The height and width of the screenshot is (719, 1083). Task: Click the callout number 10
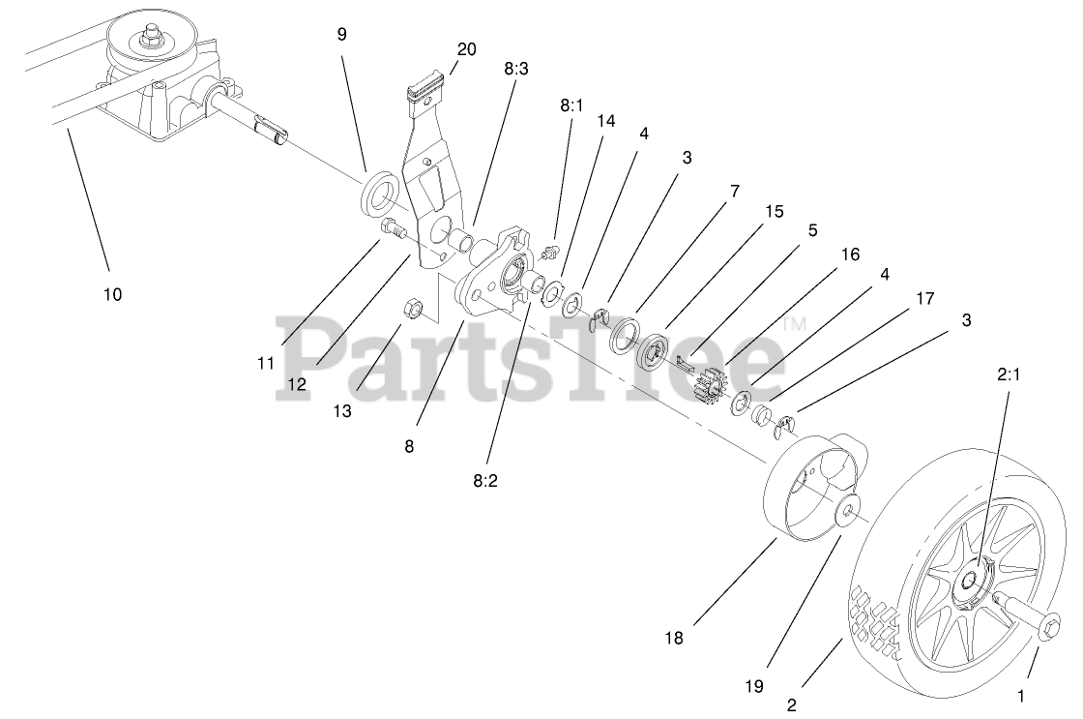[113, 294]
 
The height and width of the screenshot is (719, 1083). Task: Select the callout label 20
[466, 48]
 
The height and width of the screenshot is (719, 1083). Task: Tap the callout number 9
[341, 34]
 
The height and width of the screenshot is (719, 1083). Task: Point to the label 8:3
[516, 70]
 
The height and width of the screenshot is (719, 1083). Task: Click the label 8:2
[487, 477]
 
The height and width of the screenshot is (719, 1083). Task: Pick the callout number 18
[675, 638]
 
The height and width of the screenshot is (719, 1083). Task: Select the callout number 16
[850, 255]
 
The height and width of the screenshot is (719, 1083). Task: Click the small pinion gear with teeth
[712, 390]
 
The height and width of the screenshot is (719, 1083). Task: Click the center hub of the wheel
[970, 583]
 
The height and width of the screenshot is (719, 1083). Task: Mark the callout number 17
[924, 299]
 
